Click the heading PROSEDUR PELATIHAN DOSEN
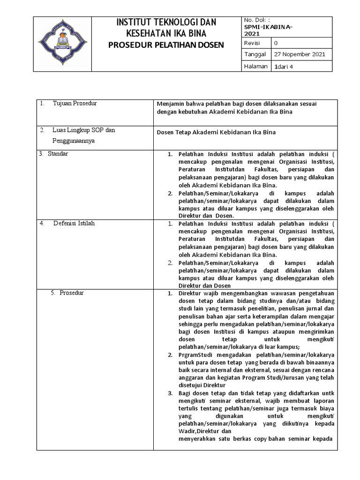click(x=166, y=45)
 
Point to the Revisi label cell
click(x=252, y=43)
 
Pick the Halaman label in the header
click(x=255, y=66)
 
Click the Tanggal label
click(x=255, y=54)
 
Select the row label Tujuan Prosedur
click(x=75, y=103)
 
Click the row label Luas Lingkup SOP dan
click(x=84, y=130)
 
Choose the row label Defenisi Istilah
click(x=74, y=223)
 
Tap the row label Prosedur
click(x=71, y=292)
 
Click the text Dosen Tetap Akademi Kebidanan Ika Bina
click(x=216, y=132)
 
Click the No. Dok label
click(x=256, y=21)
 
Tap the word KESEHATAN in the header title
click(x=148, y=33)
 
